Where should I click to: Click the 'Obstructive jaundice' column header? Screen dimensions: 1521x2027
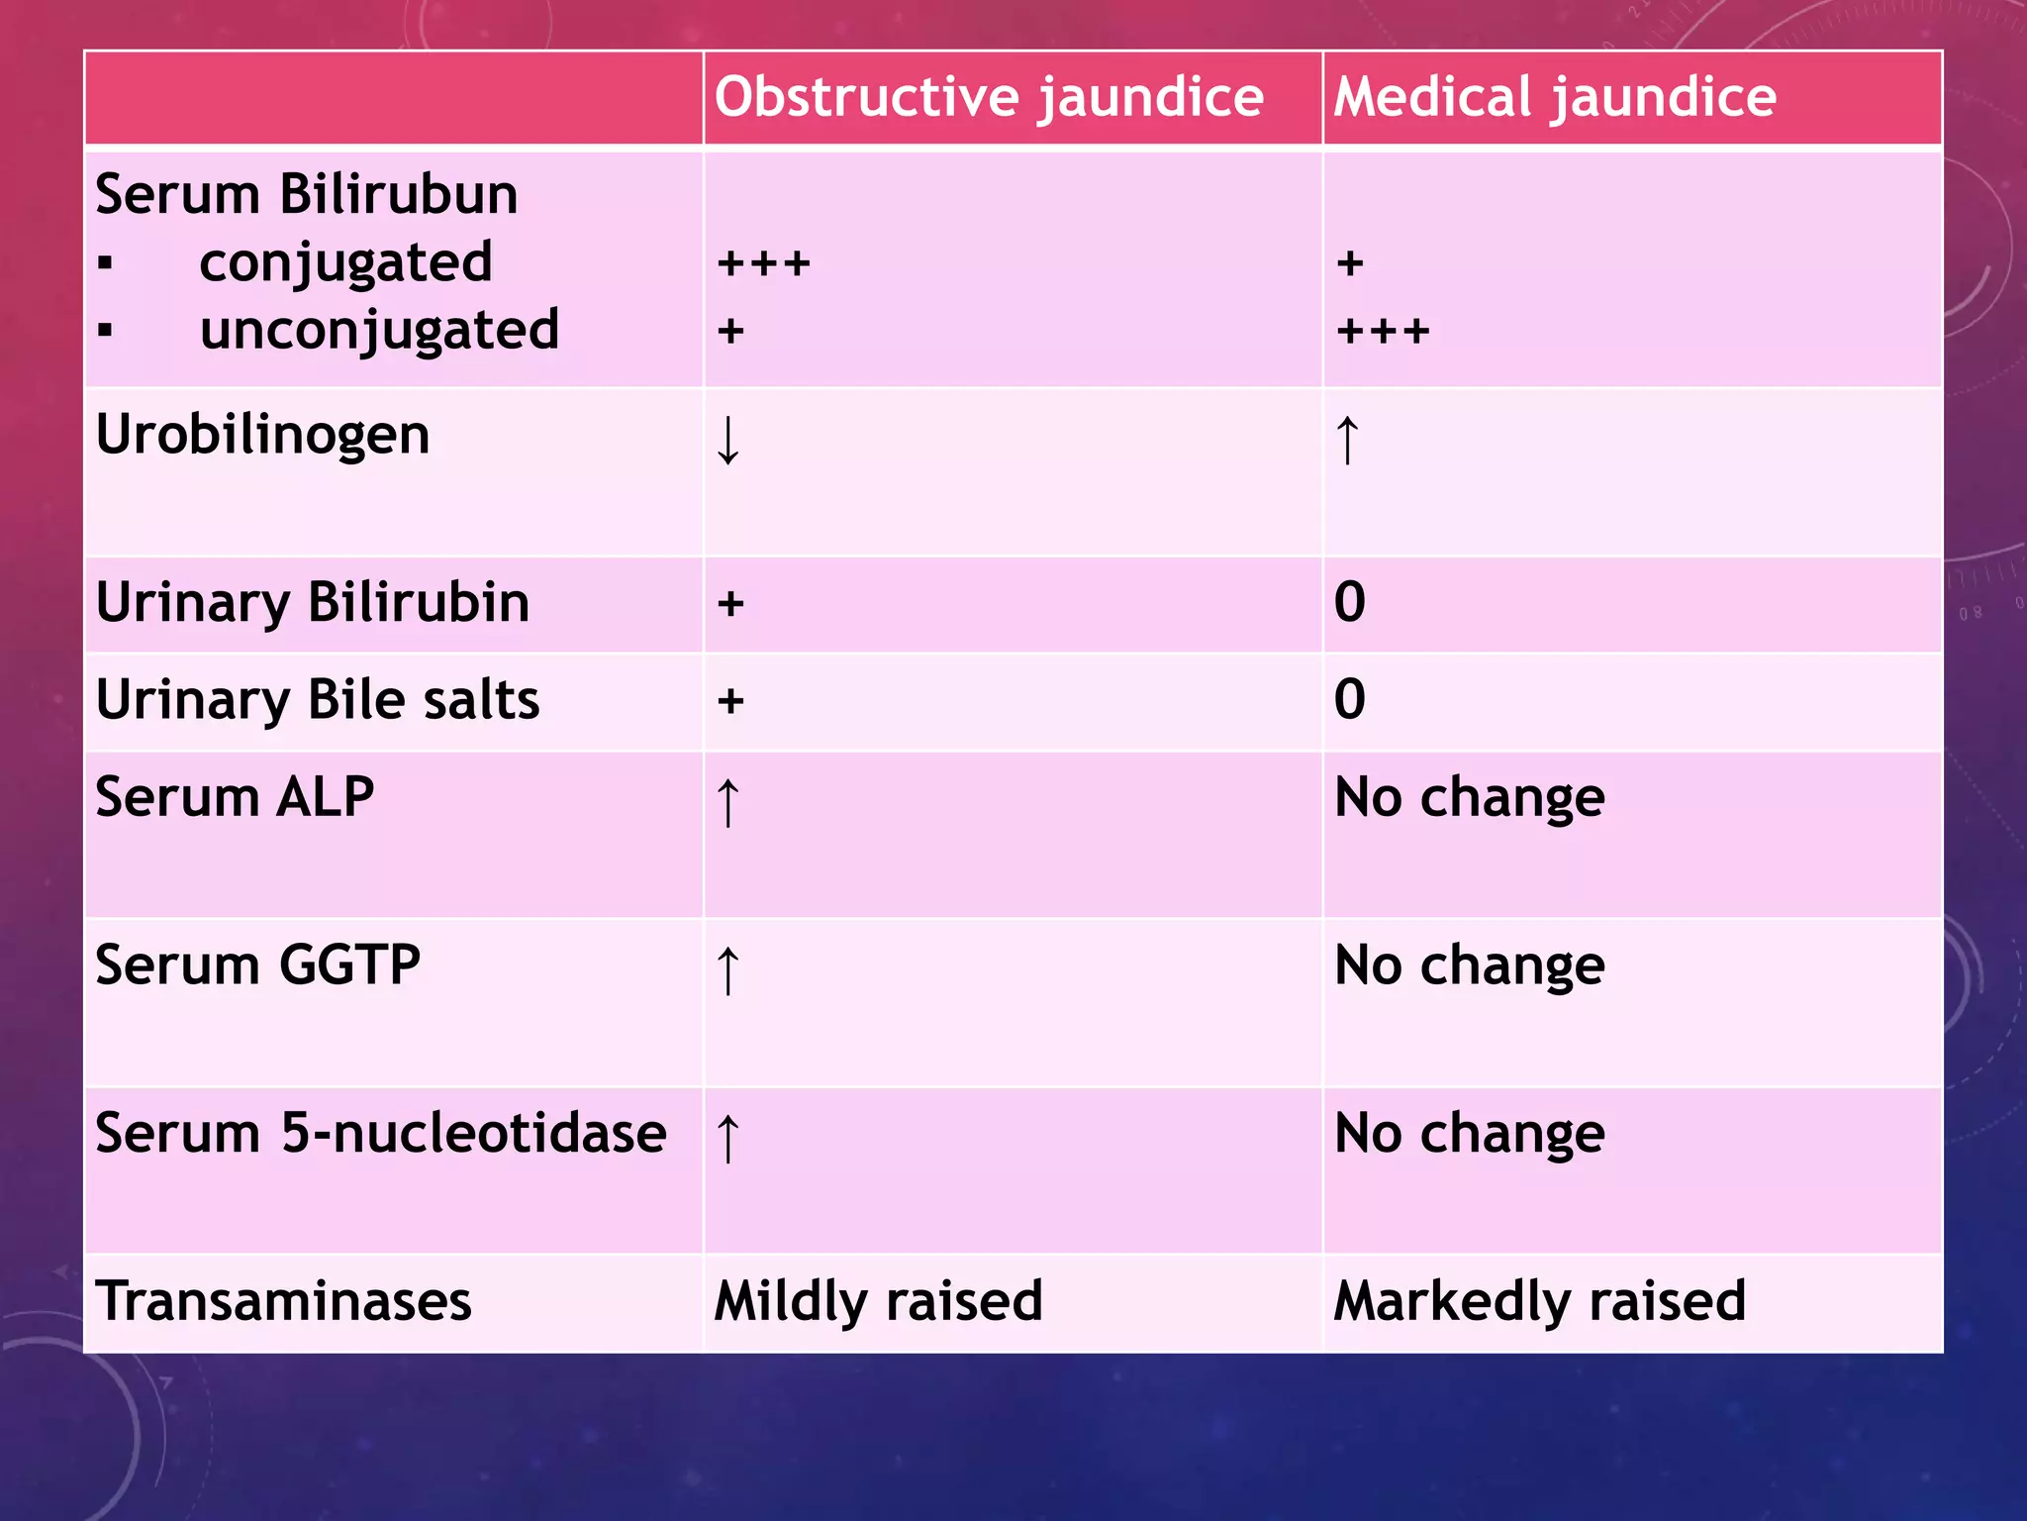point(989,98)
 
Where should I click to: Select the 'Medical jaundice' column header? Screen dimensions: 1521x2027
point(1555,98)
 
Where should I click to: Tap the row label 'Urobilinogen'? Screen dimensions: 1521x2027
point(263,435)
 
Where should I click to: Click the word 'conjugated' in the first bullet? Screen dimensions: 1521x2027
point(345,263)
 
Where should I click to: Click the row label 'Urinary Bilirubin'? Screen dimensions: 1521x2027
point(313,603)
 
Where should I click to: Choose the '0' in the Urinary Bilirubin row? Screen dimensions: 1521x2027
point(1350,602)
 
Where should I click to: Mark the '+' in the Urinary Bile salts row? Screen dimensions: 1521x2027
point(730,701)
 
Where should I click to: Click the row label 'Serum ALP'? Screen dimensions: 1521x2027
point(235,797)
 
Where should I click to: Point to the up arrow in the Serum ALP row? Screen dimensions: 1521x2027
point(728,802)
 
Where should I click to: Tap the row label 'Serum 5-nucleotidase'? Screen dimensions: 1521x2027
point(381,1134)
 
